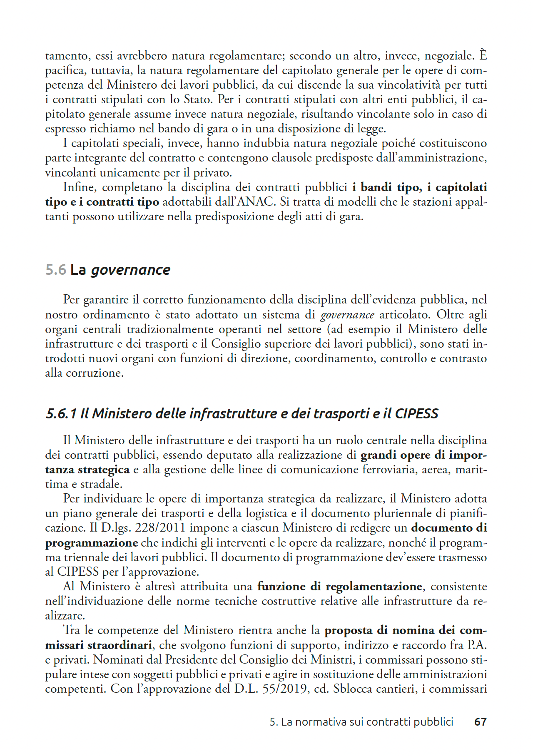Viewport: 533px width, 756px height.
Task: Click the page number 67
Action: (480, 722)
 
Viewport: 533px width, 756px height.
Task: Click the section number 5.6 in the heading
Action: (56, 270)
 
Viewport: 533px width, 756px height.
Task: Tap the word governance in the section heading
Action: (130, 270)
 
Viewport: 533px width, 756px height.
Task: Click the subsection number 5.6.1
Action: (61, 413)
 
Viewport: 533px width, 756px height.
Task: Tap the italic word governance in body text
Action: (347, 315)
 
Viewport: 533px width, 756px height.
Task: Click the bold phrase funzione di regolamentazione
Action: (340, 587)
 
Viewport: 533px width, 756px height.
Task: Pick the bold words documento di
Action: (449, 528)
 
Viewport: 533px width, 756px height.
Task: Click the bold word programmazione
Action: (92, 543)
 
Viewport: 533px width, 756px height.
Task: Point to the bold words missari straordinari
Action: (99, 645)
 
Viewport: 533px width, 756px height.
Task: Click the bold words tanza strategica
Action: (87, 470)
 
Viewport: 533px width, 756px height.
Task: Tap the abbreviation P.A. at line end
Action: (476, 645)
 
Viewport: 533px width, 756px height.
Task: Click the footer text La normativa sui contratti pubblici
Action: (366, 722)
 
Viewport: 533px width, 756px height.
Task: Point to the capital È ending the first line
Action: (483, 55)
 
